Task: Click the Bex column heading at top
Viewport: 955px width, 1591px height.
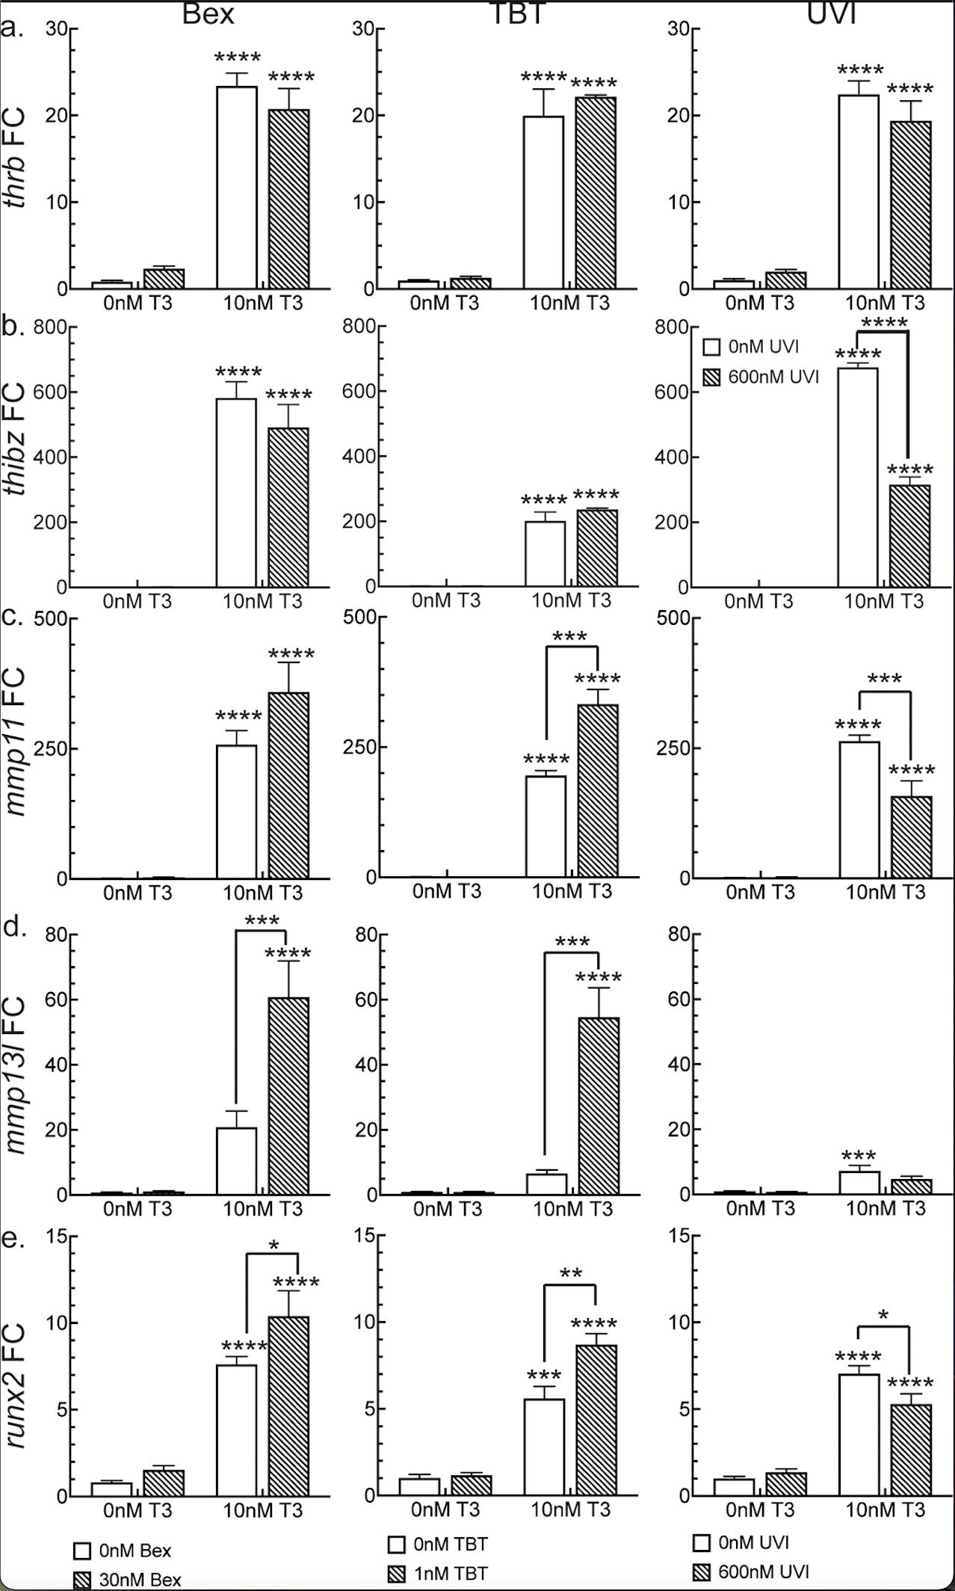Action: [x=208, y=13]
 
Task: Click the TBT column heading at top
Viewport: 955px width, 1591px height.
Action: [x=517, y=13]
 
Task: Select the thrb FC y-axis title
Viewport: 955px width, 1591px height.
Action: [x=15, y=158]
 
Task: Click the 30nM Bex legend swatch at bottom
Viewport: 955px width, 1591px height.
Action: [x=81, y=1580]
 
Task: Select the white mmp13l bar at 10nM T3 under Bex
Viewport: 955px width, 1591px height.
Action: [x=236, y=1160]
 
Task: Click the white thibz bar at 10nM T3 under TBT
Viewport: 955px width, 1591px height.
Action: [x=545, y=553]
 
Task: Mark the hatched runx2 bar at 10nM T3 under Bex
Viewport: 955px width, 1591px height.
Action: [x=288, y=1405]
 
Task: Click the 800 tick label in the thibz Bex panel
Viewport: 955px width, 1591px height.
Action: [x=49, y=327]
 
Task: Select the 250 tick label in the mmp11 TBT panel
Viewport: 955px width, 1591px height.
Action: [x=358, y=748]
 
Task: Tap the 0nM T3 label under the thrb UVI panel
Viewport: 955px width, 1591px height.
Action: [x=759, y=303]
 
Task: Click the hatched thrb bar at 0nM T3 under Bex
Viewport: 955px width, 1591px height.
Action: [x=164, y=278]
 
